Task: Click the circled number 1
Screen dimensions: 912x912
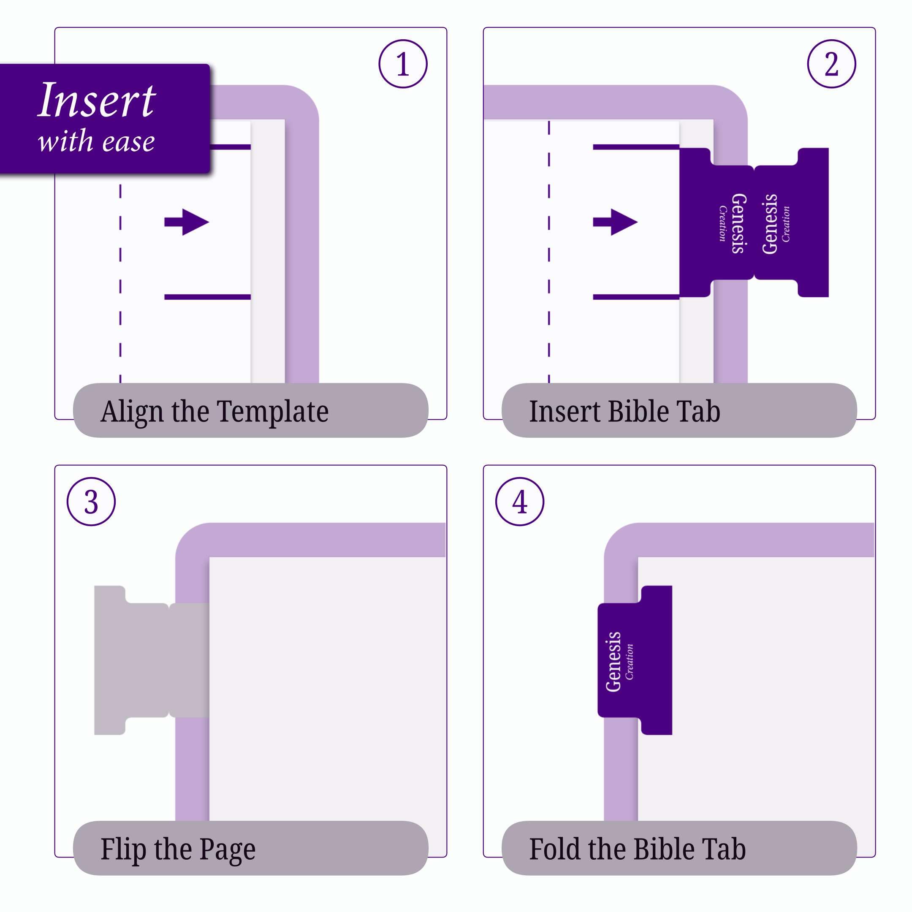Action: click(x=403, y=64)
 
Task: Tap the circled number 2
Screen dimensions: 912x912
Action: click(x=831, y=64)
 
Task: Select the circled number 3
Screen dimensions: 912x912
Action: click(x=91, y=502)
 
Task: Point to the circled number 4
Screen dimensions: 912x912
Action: click(x=520, y=502)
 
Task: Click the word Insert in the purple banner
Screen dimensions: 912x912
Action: click(x=97, y=100)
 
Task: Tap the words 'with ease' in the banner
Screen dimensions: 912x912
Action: click(x=96, y=141)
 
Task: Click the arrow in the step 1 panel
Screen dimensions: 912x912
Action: click(x=187, y=222)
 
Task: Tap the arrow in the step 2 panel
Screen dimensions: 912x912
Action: click(x=615, y=222)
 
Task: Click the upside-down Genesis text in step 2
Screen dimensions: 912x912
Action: click(x=739, y=223)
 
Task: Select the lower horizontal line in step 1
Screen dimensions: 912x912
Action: click(x=207, y=297)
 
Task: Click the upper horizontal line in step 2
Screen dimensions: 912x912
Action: click(x=636, y=147)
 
